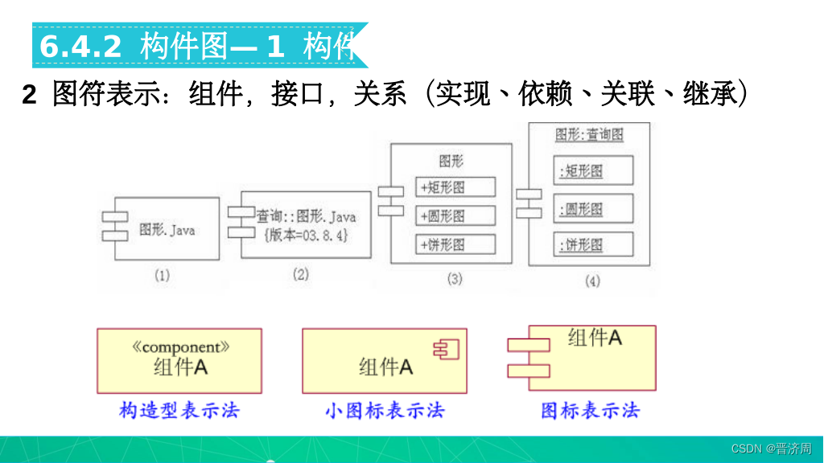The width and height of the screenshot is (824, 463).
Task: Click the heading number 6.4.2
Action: [x=80, y=47]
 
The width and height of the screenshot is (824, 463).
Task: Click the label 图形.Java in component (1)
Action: [x=167, y=230]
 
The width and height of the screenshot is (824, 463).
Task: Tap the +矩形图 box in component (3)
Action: [x=455, y=187]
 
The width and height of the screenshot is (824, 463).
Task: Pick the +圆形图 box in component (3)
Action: [x=455, y=215]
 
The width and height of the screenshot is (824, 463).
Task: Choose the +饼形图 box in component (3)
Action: [x=455, y=244]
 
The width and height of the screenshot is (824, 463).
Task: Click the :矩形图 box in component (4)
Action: [x=594, y=170]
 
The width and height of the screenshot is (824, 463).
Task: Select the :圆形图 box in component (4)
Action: [x=594, y=209]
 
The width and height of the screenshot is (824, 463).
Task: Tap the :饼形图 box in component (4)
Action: [x=594, y=244]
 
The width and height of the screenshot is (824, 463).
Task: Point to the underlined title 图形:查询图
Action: [x=589, y=135]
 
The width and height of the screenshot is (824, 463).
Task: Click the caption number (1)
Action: [x=162, y=276]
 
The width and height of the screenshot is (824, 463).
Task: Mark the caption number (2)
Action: [x=300, y=275]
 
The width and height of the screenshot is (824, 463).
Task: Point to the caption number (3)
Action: [x=455, y=279]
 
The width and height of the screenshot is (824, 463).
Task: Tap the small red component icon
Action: [x=444, y=348]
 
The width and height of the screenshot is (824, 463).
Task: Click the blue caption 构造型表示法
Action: [x=179, y=410]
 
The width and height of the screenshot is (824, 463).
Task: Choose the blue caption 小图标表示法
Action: [x=385, y=410]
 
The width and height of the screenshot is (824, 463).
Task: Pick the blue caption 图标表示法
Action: [x=591, y=410]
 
